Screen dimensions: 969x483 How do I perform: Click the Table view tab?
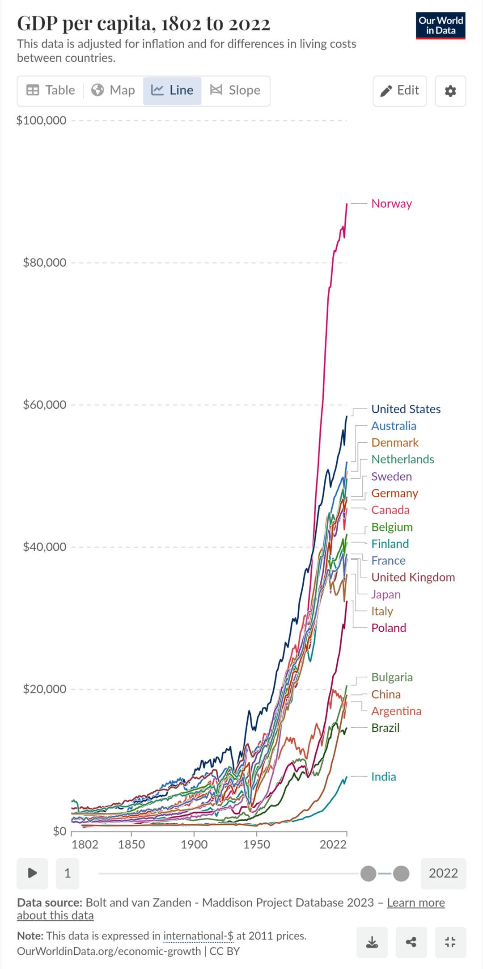click(51, 91)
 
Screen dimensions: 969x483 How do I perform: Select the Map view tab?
click(113, 91)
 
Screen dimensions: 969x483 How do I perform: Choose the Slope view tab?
click(235, 91)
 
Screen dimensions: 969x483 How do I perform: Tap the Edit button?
click(400, 91)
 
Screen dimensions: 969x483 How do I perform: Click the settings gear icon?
click(450, 91)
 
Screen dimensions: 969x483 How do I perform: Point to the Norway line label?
click(391, 204)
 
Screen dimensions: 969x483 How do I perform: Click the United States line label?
click(406, 409)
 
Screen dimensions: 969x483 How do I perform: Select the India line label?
click(383, 777)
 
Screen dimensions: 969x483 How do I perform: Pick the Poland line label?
click(389, 628)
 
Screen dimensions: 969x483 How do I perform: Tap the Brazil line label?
click(385, 728)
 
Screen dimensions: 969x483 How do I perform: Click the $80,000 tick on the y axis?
click(44, 263)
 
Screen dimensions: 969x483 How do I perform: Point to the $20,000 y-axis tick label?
click(44, 689)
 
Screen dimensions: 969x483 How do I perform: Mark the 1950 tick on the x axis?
click(257, 845)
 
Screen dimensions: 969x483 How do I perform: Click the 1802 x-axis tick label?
click(85, 845)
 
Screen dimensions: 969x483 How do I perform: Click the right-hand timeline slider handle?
click(401, 873)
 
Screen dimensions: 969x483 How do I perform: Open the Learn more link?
click(415, 903)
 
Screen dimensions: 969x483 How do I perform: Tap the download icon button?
click(372, 943)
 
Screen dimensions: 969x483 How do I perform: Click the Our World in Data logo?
click(441, 25)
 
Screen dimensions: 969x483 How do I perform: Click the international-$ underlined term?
click(198, 936)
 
